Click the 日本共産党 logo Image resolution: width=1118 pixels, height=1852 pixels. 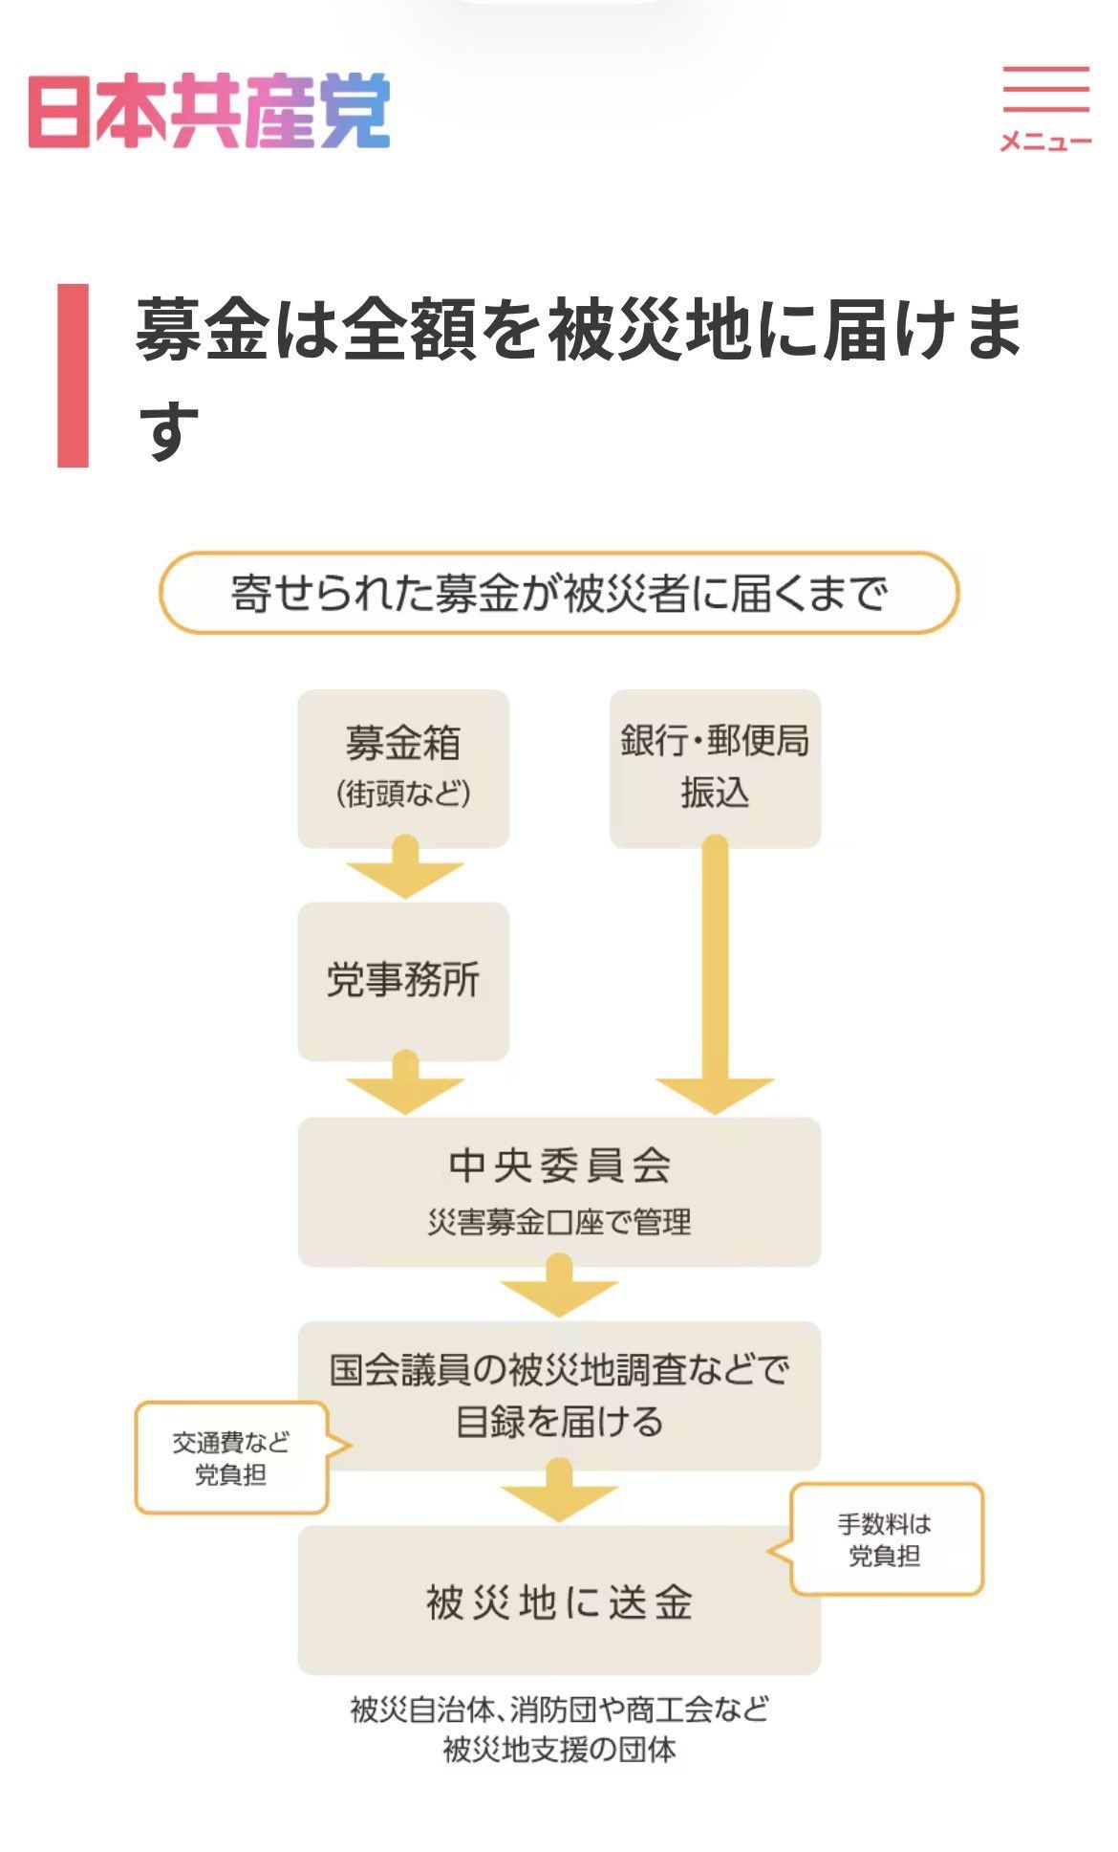[x=209, y=111]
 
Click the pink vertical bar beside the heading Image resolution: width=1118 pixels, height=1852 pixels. [x=73, y=375]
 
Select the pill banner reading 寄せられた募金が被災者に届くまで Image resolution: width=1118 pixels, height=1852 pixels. [x=559, y=593]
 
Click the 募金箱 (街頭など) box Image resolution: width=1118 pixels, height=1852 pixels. [x=403, y=768]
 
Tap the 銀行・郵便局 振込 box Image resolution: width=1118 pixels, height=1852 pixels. [x=715, y=768]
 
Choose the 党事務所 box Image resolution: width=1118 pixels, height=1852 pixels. [x=403, y=981]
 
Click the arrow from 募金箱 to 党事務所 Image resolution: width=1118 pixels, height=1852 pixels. [x=405, y=866]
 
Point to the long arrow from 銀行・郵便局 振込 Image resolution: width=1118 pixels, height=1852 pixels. [x=715, y=974]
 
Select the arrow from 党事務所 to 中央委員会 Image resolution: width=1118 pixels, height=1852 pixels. [x=405, y=1081]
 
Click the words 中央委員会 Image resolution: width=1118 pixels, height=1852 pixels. [x=560, y=1165]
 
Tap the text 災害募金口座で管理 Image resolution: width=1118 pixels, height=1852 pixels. [x=560, y=1222]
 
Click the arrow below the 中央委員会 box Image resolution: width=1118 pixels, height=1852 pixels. [x=560, y=1286]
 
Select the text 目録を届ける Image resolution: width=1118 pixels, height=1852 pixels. [x=560, y=1421]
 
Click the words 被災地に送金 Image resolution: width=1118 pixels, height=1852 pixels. [x=560, y=1602]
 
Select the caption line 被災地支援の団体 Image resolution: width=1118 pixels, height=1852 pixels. [x=560, y=1750]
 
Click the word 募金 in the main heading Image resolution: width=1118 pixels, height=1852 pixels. [x=202, y=330]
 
